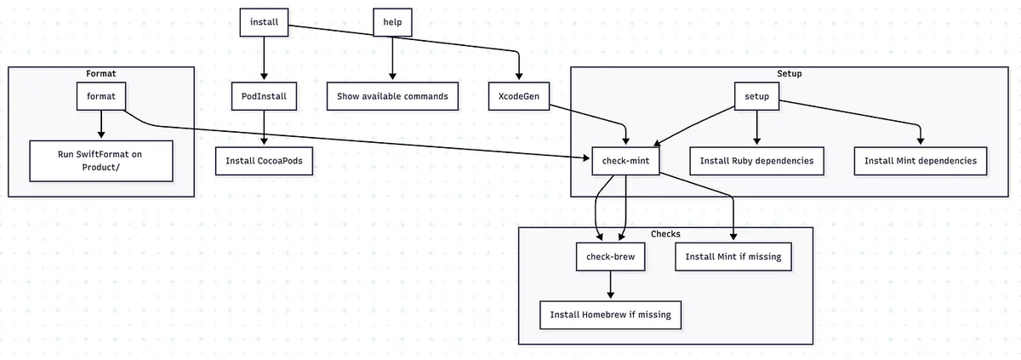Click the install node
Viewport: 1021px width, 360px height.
263,21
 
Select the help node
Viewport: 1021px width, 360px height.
392,21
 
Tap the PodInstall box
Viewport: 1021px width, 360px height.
263,96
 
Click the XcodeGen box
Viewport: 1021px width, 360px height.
517,96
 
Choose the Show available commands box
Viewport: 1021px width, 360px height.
392,96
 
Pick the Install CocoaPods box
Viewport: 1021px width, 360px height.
264,161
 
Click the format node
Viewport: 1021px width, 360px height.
101,96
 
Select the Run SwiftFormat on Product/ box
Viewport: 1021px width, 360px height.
101,161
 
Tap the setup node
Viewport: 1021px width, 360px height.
756,96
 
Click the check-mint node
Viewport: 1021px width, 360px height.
626,161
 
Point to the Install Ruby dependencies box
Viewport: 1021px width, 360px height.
756,161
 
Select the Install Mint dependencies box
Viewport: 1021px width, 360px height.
920,161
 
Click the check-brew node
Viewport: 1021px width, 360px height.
610,256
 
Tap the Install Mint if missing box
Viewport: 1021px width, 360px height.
733,256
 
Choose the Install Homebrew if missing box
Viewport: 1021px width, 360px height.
610,314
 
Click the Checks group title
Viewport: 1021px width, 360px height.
665,234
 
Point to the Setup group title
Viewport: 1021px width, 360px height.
789,74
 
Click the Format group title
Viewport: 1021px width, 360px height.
101,74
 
